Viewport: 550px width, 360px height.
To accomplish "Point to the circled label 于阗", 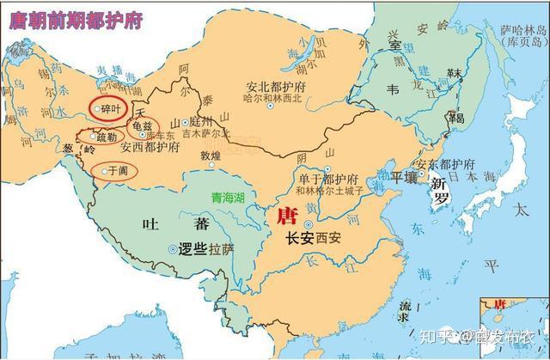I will (117, 171).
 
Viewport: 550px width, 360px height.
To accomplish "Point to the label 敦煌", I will (211, 156).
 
